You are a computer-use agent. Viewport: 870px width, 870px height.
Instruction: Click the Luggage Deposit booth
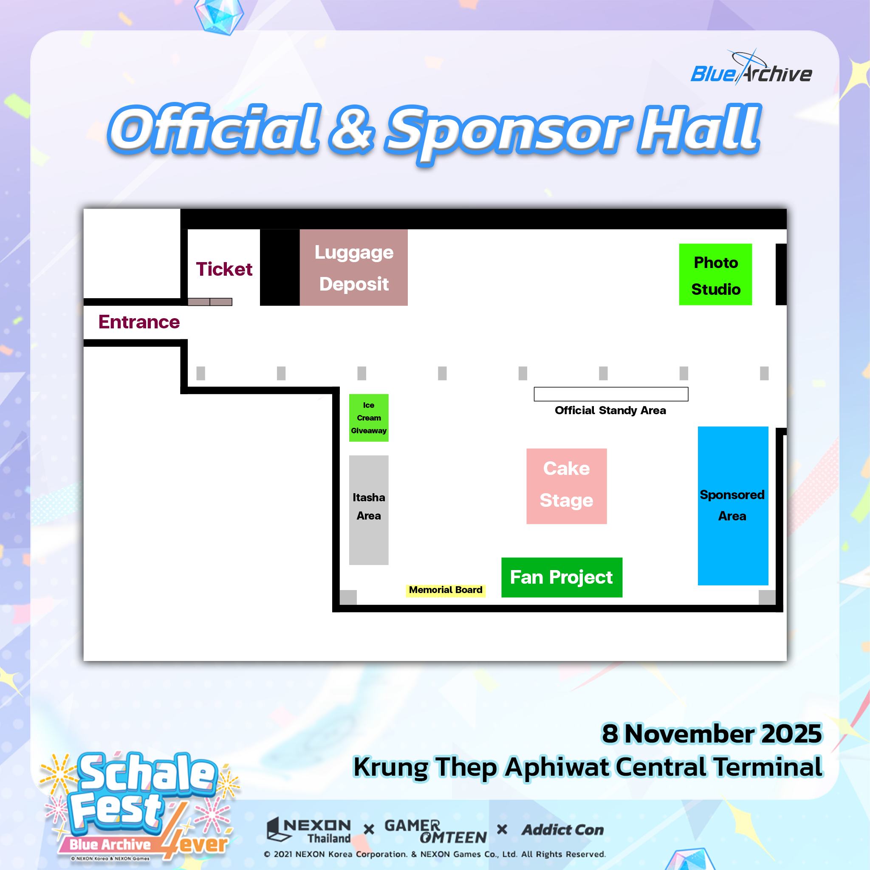click(353, 268)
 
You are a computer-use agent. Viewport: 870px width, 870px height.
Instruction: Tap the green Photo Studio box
click(715, 274)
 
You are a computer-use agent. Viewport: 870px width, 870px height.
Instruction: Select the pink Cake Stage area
click(567, 486)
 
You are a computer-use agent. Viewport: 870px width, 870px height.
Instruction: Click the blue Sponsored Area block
click(733, 506)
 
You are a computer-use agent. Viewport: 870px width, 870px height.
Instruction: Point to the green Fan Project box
click(562, 577)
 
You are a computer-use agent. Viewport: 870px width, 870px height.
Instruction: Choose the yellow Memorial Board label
click(446, 590)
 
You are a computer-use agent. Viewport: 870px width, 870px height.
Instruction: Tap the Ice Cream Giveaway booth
click(369, 418)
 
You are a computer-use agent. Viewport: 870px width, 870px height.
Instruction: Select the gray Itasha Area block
click(369, 510)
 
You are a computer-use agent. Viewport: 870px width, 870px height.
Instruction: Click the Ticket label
click(224, 269)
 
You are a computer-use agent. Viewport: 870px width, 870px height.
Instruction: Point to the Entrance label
click(139, 322)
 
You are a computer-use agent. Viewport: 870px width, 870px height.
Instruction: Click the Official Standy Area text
click(610, 410)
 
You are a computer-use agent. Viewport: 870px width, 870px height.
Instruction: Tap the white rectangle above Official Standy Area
click(611, 394)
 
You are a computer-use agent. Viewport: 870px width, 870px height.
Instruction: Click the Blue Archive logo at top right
click(751, 70)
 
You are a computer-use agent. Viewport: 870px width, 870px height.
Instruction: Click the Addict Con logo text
click(562, 830)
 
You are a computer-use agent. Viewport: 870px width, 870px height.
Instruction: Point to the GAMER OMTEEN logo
click(435, 831)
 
